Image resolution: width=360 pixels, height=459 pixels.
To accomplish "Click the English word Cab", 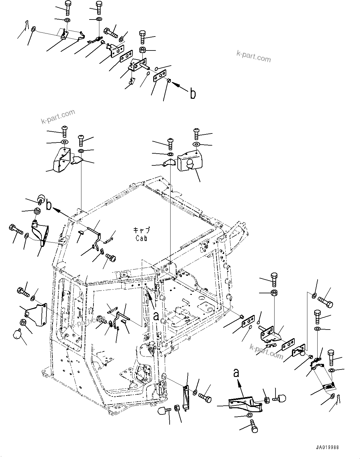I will coord(141,238).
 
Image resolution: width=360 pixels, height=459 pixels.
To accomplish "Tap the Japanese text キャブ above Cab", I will coord(141,230).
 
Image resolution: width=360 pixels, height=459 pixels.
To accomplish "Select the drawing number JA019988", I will coord(327,448).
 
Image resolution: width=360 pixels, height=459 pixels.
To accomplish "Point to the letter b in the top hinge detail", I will coord(193,93).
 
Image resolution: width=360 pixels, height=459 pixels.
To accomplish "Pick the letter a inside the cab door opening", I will coord(156,316).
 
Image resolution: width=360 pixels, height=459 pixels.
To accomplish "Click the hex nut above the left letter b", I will coord(37,211).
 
